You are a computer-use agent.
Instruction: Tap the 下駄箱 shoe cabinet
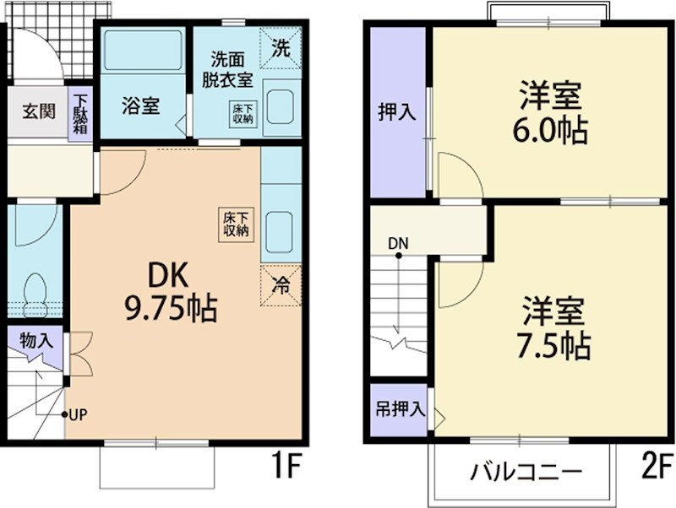[80, 115]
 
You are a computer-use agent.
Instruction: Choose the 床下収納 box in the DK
[236, 224]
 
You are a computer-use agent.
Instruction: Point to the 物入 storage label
[35, 342]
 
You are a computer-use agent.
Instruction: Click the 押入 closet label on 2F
[396, 111]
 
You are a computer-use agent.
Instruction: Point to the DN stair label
[399, 243]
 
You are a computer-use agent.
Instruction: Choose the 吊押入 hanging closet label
[399, 410]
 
